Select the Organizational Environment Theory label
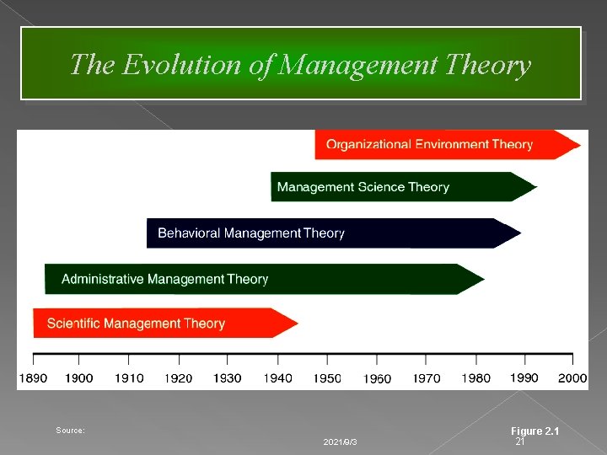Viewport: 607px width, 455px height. point(429,144)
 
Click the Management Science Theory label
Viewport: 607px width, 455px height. point(363,187)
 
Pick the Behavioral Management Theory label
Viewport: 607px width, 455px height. point(250,233)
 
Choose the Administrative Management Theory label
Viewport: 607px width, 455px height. point(164,279)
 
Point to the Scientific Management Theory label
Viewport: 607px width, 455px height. point(136,324)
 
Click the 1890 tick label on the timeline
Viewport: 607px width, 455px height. point(33,378)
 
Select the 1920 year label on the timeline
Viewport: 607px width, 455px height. point(178,378)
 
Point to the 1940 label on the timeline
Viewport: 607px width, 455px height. point(277,378)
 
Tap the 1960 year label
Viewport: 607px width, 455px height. point(377,379)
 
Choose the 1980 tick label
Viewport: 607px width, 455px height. point(475,378)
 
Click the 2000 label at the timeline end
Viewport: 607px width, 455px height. point(572,378)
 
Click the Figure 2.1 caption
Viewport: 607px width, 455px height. point(535,431)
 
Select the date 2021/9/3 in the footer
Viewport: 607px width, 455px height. point(340,442)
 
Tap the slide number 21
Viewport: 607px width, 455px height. point(520,442)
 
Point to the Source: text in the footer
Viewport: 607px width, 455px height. point(70,431)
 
